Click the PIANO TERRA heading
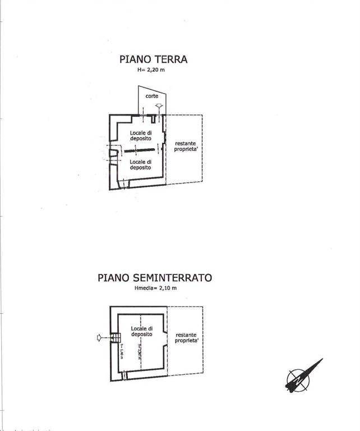tap(153, 59)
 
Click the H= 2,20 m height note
tap(153, 70)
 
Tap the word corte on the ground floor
tap(152, 97)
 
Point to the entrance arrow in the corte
tap(159, 106)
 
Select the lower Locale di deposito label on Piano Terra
tap(140, 164)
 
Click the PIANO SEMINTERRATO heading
tap(155, 277)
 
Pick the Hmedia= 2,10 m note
tap(155, 288)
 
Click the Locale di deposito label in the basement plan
tap(142, 331)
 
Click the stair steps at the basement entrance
tap(115, 337)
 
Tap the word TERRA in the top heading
tap(170, 59)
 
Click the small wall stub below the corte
tap(153, 120)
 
